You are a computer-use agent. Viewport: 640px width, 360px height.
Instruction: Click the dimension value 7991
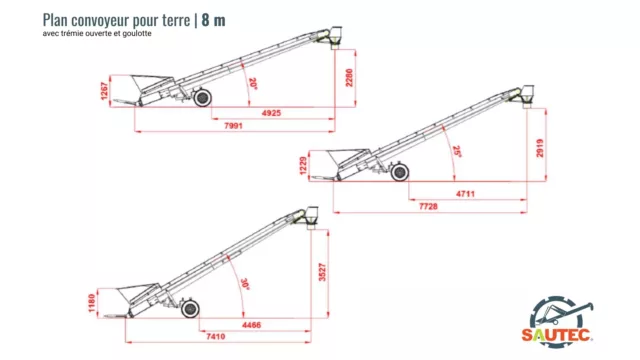click(233, 126)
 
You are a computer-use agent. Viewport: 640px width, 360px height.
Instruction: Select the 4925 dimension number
click(271, 113)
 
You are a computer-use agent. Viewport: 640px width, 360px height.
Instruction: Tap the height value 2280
click(349, 78)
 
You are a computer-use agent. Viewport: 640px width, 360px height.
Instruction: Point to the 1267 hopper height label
click(104, 91)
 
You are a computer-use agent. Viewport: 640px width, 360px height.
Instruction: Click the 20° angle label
click(253, 84)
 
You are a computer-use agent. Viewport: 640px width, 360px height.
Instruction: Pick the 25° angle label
click(457, 151)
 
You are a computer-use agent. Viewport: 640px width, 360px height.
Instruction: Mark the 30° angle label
click(245, 284)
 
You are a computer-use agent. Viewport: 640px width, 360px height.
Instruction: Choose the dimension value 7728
click(428, 207)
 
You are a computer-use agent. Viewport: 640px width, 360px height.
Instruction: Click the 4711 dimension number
click(465, 194)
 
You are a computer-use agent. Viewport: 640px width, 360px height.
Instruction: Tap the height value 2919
click(540, 148)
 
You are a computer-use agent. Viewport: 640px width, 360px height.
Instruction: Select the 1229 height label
click(303, 166)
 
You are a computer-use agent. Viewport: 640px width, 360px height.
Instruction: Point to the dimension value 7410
click(216, 336)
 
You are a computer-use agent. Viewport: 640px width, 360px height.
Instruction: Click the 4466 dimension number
click(251, 325)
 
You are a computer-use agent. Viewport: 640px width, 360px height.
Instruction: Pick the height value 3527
click(322, 272)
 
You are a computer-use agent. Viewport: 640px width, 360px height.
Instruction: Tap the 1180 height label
click(92, 303)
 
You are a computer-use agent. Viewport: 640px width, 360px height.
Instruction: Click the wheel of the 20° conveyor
click(202, 98)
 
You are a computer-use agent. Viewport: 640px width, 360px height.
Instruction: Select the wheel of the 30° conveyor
click(190, 309)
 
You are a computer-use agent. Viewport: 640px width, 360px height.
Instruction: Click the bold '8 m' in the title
click(213, 20)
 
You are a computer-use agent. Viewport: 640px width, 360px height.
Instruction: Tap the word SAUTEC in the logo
click(557, 335)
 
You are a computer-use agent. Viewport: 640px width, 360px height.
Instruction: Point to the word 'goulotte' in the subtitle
click(137, 33)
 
